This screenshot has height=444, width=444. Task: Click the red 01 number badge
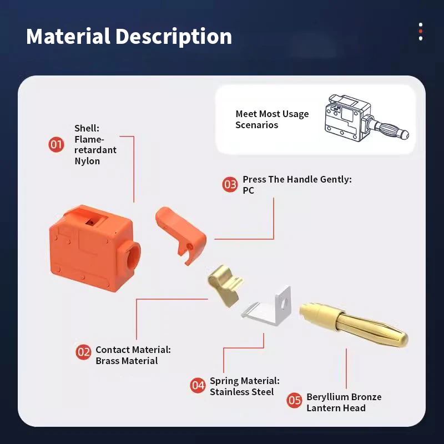pyautogui.click(x=56, y=144)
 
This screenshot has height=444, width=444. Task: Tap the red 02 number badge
pyautogui.click(x=83, y=352)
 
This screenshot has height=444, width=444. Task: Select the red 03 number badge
pyautogui.click(x=230, y=185)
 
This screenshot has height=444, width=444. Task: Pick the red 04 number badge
pyautogui.click(x=198, y=385)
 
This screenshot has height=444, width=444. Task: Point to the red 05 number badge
pyautogui.click(x=294, y=400)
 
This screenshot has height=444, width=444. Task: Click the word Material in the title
pyautogui.click(x=68, y=36)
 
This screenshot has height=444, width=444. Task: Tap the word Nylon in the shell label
pyautogui.click(x=87, y=161)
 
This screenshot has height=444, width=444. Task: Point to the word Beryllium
pyautogui.click(x=326, y=397)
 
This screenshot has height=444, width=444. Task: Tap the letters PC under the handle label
pyautogui.click(x=248, y=190)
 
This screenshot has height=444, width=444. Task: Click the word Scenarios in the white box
pyautogui.click(x=256, y=125)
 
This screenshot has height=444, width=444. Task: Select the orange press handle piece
pyautogui.click(x=181, y=232)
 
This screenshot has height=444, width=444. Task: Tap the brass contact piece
pyautogui.click(x=225, y=285)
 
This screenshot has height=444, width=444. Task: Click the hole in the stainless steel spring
pyautogui.click(x=284, y=304)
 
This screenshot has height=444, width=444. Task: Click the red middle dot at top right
pyautogui.click(x=421, y=32)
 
